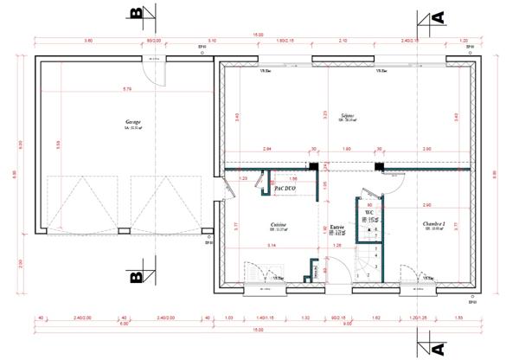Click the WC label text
point(368,211)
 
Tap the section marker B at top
point(136,16)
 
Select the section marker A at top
point(437,16)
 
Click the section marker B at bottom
point(136,278)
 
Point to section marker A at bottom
point(437,348)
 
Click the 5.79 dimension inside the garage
point(127,89)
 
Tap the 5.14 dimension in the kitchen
point(272,247)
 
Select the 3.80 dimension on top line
point(88,41)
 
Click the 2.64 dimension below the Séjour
point(266,149)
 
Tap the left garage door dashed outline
point(81,203)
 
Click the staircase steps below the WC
point(370,260)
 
